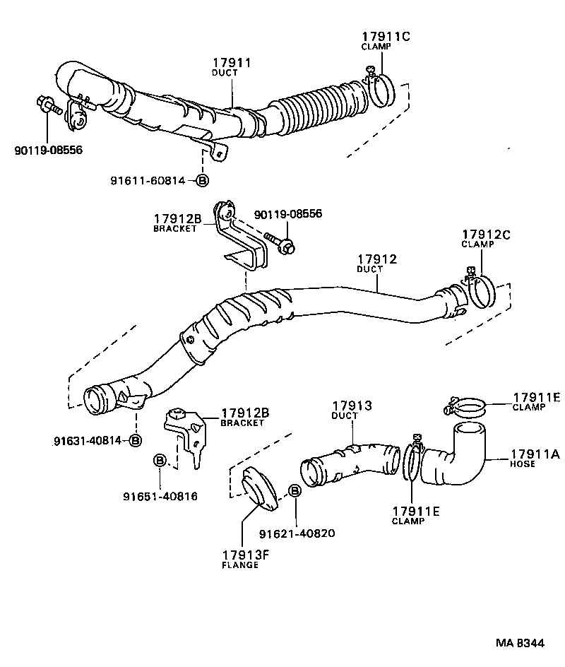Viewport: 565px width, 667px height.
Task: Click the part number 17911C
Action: click(386, 36)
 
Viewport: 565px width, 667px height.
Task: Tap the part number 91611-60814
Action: click(147, 181)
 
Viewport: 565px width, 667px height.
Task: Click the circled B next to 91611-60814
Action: click(201, 181)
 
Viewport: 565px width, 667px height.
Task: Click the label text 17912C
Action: click(486, 235)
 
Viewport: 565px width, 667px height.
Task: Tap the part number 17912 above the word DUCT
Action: click(376, 260)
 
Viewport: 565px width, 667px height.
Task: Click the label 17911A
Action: click(535, 454)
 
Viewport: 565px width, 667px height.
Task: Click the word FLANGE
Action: click(240, 566)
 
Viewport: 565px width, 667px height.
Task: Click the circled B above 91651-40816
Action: click(160, 461)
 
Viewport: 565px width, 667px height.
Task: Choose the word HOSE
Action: click(523, 464)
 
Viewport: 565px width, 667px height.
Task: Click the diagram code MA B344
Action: click(519, 644)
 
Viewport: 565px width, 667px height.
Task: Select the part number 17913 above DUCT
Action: click(352, 406)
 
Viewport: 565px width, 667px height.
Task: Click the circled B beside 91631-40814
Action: click(135, 440)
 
